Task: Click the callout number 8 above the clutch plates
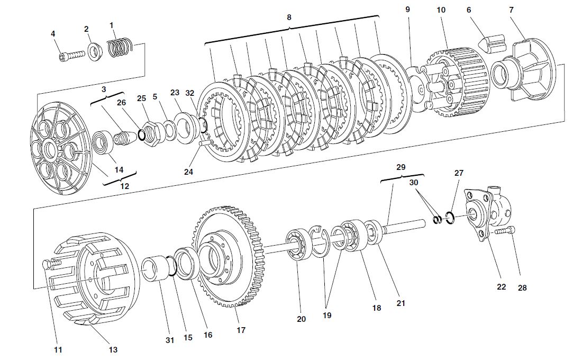[x=289, y=17]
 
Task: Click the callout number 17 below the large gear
[x=241, y=330]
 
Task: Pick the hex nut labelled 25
[x=151, y=129]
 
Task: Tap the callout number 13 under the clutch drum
[x=113, y=349]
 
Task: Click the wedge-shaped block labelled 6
[x=490, y=44]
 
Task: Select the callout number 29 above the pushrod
[x=401, y=167]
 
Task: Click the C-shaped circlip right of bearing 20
[x=320, y=241]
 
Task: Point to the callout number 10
[x=441, y=10]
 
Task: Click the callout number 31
[x=169, y=340]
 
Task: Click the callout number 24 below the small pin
[x=188, y=172]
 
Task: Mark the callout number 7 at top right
[x=511, y=10]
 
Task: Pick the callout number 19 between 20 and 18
[x=326, y=315]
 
